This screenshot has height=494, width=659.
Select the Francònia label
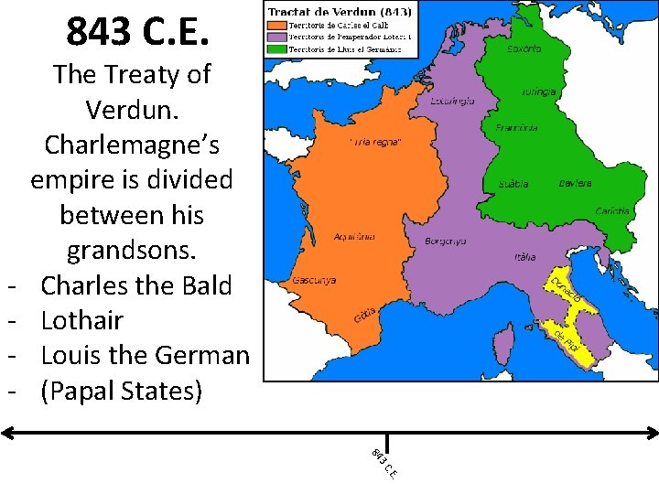pyautogui.click(x=515, y=127)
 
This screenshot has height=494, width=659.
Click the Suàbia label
pyautogui.click(x=513, y=184)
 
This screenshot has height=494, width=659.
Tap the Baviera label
pyautogui.click(x=575, y=183)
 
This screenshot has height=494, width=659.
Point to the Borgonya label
pyautogui.click(x=446, y=242)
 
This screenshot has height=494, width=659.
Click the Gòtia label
pyautogui.click(x=365, y=316)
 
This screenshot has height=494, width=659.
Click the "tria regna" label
pyautogui.click(x=374, y=142)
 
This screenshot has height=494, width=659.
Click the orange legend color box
pyautogui.click(x=276, y=25)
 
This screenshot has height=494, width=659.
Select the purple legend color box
pyautogui.click(x=276, y=36)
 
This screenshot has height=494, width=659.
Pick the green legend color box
pyautogui.click(x=276, y=47)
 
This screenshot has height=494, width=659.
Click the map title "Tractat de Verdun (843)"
pyautogui.click(x=339, y=12)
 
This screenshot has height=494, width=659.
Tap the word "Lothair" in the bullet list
pyautogui.click(x=82, y=320)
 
